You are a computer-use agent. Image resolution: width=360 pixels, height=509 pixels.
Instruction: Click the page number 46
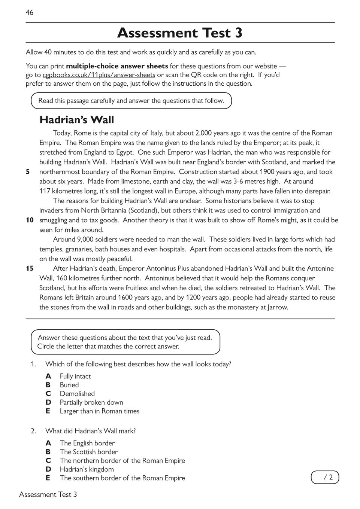(x=30, y=13)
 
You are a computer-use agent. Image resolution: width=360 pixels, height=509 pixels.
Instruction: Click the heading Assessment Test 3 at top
(x=180, y=33)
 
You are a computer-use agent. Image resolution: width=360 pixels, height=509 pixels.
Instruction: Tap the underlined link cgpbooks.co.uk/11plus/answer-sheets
(x=99, y=75)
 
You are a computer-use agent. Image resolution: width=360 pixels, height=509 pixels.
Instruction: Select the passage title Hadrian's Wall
(x=77, y=120)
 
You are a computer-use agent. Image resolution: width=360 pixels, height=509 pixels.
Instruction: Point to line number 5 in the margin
(x=28, y=172)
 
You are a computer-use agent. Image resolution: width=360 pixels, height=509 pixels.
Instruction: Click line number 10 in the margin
(x=30, y=220)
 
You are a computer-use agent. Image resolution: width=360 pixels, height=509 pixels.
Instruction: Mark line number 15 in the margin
(x=30, y=268)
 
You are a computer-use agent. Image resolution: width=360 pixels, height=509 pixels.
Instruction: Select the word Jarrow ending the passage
(x=277, y=307)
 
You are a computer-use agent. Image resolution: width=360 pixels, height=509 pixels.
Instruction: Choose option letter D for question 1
(x=48, y=402)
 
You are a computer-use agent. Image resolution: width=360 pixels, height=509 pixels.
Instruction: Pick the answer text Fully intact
(x=75, y=376)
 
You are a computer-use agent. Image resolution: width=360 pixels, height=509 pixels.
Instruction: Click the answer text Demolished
(x=77, y=394)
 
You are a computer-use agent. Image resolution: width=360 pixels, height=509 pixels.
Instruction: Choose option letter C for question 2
(x=48, y=461)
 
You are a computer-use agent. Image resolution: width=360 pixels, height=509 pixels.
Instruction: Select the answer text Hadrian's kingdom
(x=87, y=469)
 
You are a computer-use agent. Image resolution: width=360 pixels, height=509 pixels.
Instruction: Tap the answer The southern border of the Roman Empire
(x=122, y=478)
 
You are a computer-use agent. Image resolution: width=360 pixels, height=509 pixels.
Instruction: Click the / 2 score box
(x=325, y=477)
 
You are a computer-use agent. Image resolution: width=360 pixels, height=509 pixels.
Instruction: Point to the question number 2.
(x=33, y=431)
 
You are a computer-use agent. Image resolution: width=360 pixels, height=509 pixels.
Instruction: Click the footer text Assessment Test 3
(x=48, y=495)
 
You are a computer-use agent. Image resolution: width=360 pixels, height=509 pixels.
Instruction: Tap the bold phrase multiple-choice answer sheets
(x=117, y=66)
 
